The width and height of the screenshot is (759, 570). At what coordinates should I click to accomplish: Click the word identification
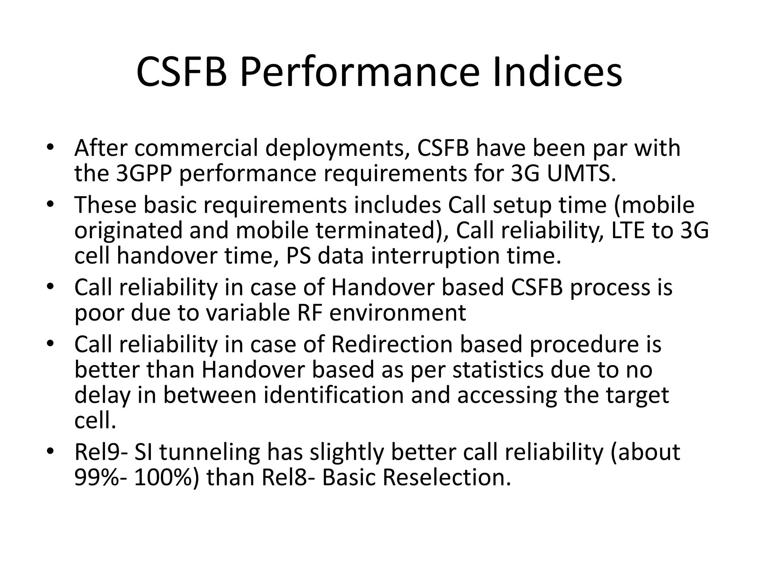(x=334, y=395)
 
